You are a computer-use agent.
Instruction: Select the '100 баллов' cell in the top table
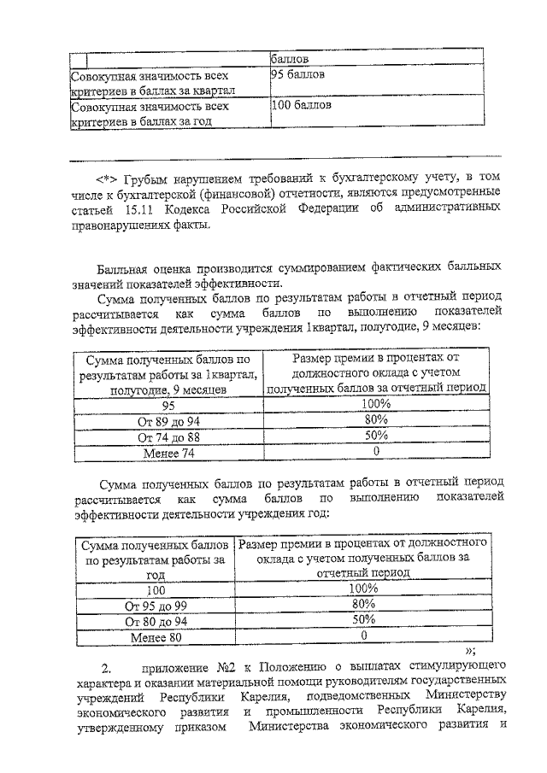tap(301, 106)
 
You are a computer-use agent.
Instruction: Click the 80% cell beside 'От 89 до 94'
tap(376, 420)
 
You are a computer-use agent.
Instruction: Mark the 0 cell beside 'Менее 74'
tap(376, 453)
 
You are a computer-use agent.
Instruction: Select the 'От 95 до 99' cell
tap(156, 605)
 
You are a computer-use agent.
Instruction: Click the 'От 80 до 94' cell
tap(156, 621)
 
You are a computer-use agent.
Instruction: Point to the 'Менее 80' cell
tap(156, 637)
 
